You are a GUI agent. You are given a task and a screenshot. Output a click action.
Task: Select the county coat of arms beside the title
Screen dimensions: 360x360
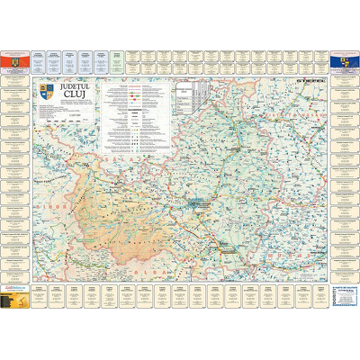48,90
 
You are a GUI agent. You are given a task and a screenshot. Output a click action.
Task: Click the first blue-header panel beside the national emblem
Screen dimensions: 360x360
38,59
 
